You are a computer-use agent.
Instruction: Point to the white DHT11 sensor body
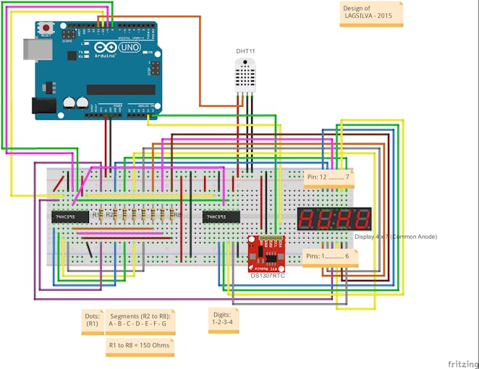pos(244,74)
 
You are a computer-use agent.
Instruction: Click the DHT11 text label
pos(245,51)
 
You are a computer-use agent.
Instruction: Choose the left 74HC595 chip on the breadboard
pos(70,216)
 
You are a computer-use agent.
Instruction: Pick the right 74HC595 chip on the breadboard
pos(221,216)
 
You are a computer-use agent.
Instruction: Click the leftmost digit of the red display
pos(307,219)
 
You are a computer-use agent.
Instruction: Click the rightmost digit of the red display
pos(361,219)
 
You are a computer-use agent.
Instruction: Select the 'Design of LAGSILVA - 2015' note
pos(370,15)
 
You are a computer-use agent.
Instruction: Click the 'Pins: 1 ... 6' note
pos(329,256)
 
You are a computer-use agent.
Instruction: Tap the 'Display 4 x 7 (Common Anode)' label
pos(395,237)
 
